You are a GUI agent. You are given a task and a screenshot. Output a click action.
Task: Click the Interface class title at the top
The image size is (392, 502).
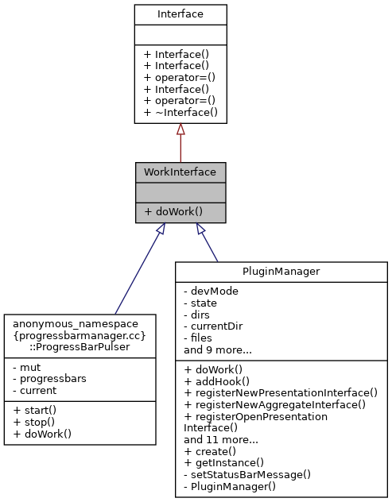pos(180,14)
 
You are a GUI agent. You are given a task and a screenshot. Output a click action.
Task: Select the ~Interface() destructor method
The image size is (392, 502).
pos(180,113)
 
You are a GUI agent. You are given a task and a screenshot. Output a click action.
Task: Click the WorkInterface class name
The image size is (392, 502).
pos(180,172)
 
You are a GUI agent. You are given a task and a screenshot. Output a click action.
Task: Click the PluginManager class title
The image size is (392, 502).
pos(281,272)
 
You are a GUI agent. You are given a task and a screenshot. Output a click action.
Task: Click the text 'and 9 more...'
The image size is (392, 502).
pos(219,349)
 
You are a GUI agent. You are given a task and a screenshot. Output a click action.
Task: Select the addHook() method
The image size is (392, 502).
pos(215,381)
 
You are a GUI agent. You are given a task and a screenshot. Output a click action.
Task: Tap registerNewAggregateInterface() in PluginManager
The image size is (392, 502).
pos(274,404)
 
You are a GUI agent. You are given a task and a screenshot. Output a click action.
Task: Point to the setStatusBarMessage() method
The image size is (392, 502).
pos(247,473)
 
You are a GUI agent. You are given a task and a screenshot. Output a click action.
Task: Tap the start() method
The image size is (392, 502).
pos(33,410)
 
